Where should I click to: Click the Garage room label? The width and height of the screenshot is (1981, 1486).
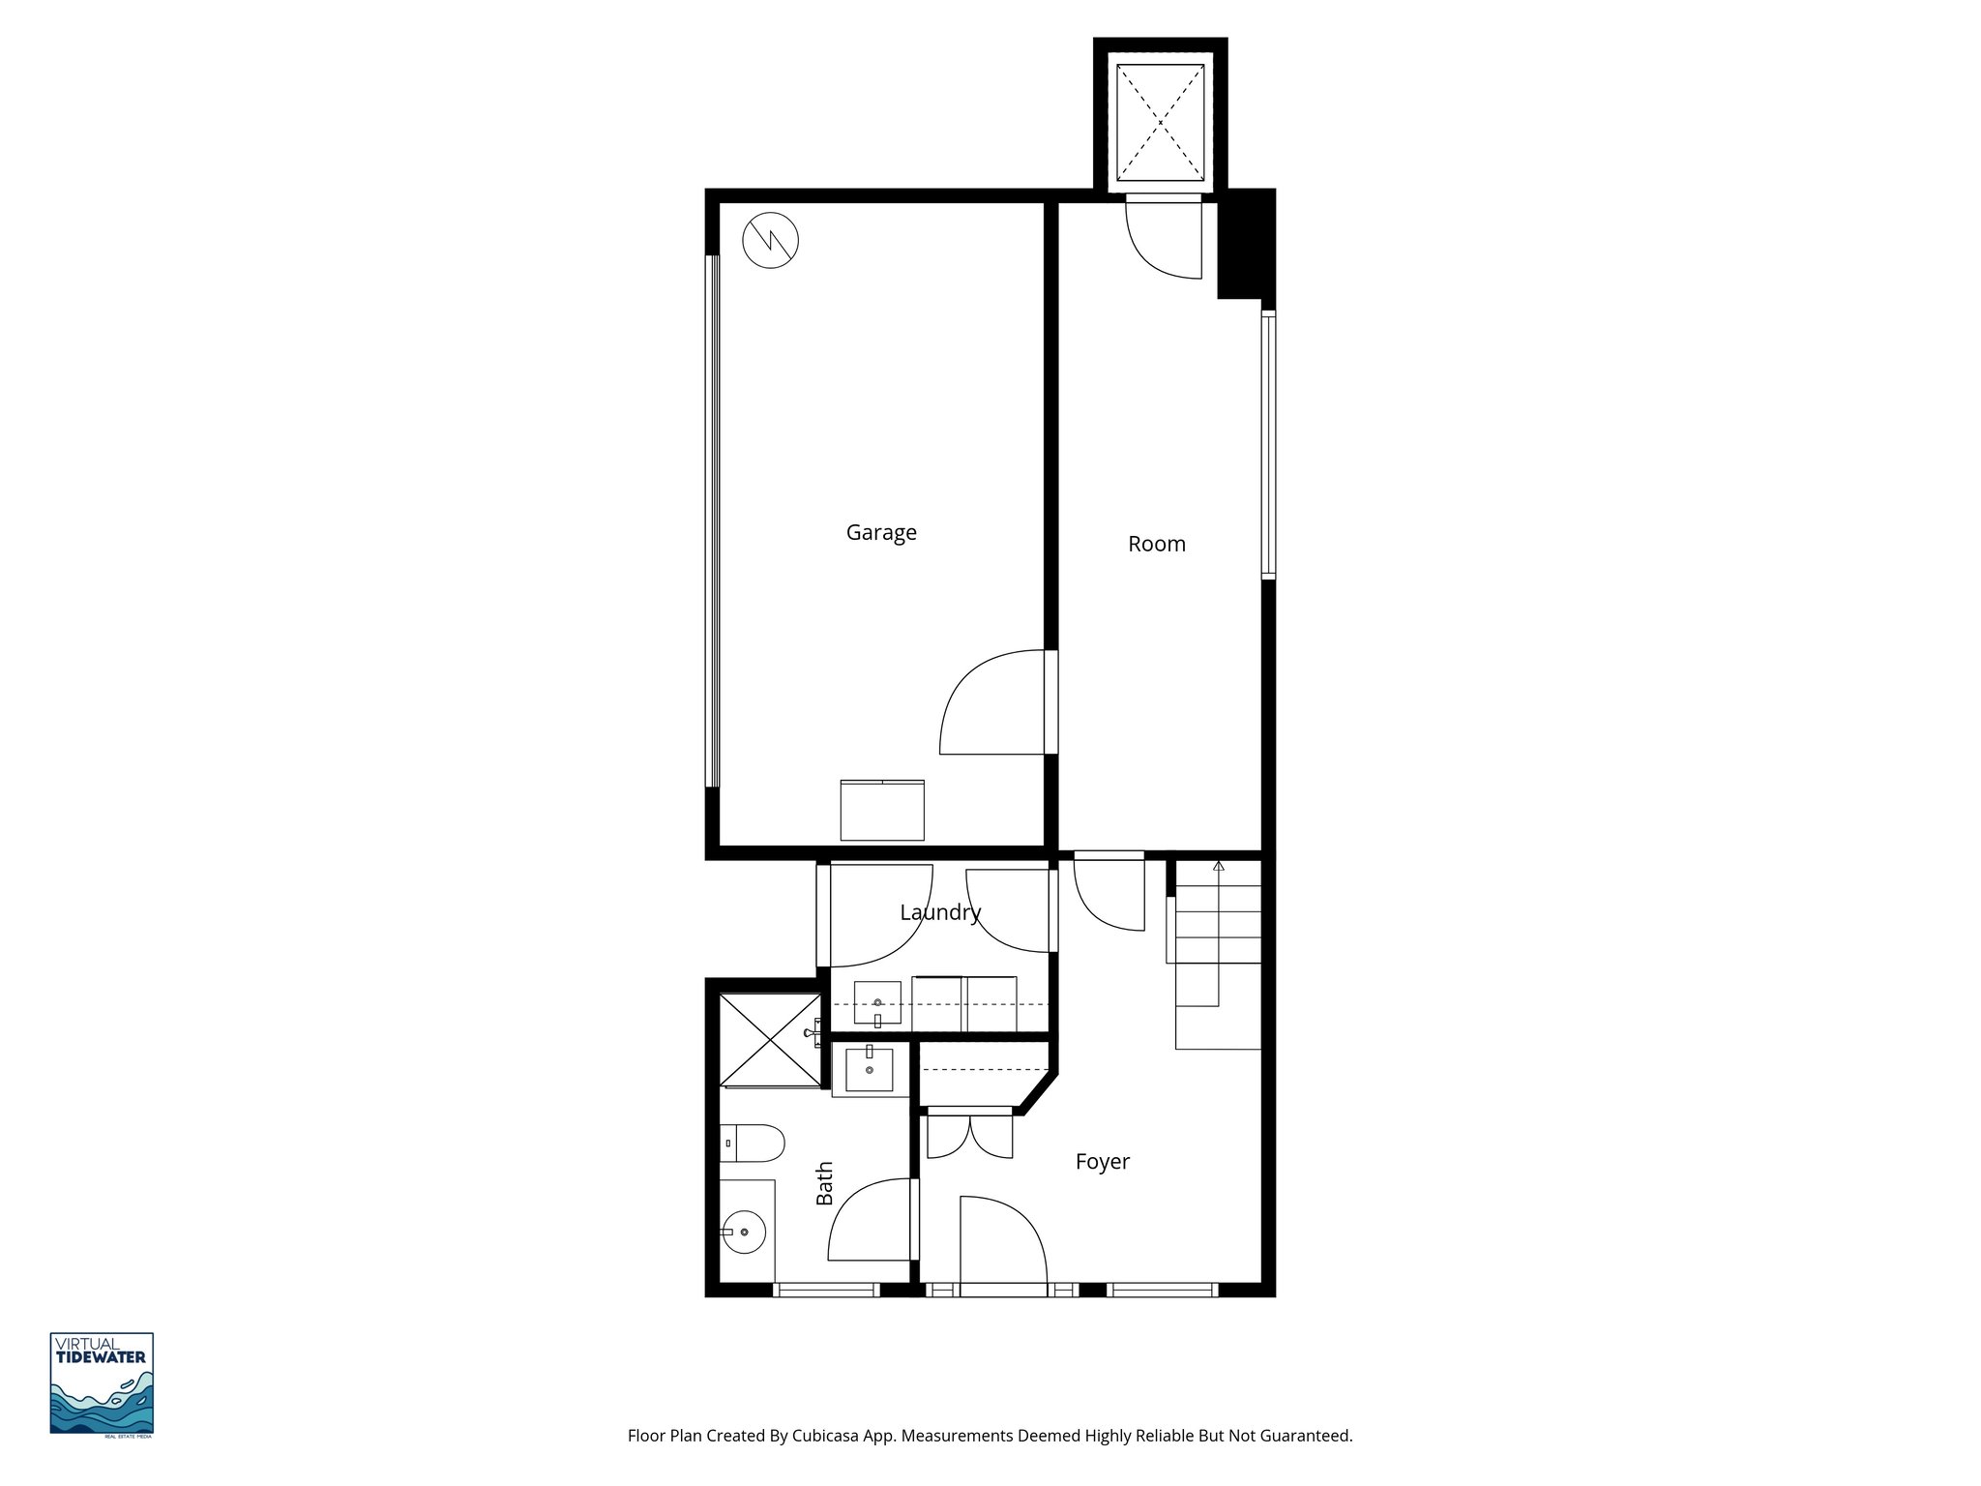click(x=881, y=532)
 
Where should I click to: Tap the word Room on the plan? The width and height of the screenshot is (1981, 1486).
click(x=1156, y=544)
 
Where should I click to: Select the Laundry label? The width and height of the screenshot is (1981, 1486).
click(x=940, y=912)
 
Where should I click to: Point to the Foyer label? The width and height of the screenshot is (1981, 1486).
click(x=1102, y=1161)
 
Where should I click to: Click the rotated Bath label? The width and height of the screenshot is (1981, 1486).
click(x=824, y=1183)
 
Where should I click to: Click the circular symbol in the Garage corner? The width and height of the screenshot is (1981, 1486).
click(x=771, y=240)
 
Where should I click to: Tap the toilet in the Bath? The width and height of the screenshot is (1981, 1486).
click(x=752, y=1143)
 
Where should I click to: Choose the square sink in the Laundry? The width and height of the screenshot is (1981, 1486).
click(x=876, y=1003)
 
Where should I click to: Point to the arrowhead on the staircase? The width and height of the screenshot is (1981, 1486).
click(x=1219, y=866)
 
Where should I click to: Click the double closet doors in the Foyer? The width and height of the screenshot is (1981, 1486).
click(x=969, y=1137)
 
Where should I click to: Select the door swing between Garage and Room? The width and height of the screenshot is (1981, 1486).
click(x=991, y=703)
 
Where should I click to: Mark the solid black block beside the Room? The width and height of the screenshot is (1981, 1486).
click(x=1244, y=247)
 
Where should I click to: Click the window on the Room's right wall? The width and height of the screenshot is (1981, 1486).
click(x=1268, y=445)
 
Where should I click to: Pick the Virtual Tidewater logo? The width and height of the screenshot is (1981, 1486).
click(x=102, y=1383)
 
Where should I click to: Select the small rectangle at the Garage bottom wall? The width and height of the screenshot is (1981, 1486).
click(x=881, y=810)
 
